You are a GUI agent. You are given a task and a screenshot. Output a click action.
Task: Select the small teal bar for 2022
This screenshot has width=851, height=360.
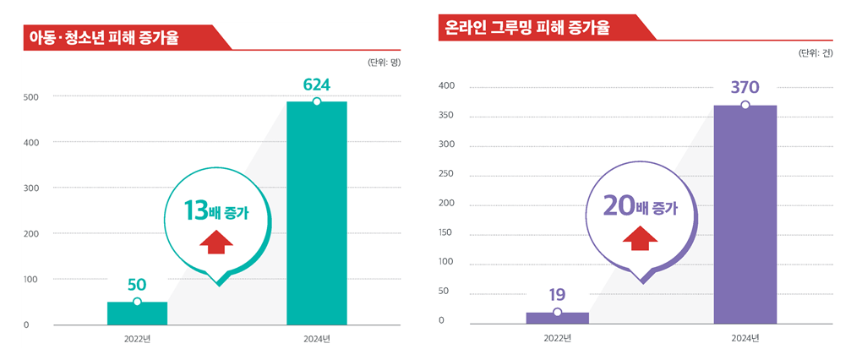pyautogui.click(x=137, y=313)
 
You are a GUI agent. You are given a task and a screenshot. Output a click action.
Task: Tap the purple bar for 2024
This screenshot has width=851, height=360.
pyautogui.click(x=745, y=215)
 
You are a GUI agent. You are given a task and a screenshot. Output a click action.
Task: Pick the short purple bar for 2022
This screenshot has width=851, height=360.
pyautogui.click(x=557, y=318)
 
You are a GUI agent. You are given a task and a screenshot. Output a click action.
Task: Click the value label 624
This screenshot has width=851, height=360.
pyautogui.click(x=316, y=85)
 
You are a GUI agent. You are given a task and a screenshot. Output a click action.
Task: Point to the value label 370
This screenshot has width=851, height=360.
pyautogui.click(x=745, y=87)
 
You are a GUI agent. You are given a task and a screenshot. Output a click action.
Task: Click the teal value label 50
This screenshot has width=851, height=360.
pyautogui.click(x=137, y=286)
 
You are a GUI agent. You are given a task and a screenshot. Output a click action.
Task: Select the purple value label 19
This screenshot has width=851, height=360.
pyautogui.click(x=557, y=295)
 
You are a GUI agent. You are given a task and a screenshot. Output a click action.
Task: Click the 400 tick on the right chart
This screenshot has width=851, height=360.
pyautogui.click(x=447, y=86)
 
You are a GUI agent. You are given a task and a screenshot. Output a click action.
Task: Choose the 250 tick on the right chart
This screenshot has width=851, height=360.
pyautogui.click(x=447, y=174)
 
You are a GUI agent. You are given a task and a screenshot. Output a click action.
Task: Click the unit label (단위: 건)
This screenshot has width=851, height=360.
pyautogui.click(x=815, y=53)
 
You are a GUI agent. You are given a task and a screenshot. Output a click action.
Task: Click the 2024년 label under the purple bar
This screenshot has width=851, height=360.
pyautogui.click(x=745, y=339)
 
